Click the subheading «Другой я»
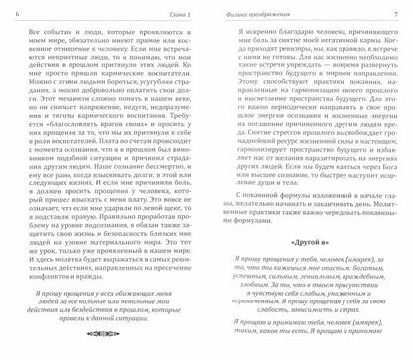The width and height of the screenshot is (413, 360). (x=305, y=269)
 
